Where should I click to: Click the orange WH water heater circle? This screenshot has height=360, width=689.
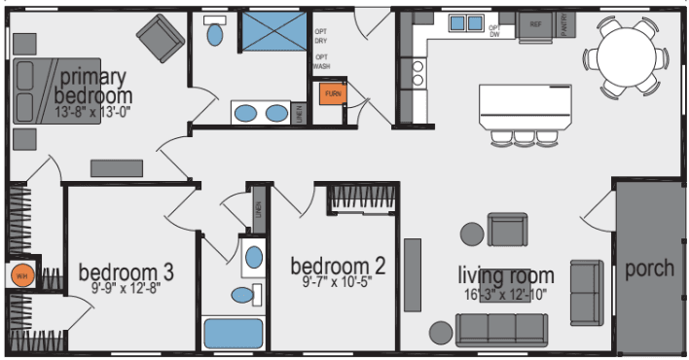pyautogui.click(x=20, y=274)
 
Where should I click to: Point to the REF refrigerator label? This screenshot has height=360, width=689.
pyautogui.click(x=535, y=22)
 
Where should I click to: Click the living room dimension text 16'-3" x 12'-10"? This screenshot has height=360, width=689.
pyautogui.click(x=507, y=294)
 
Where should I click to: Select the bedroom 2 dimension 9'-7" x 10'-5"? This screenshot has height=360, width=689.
pyautogui.click(x=331, y=283)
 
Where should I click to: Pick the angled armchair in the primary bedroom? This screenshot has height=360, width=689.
pyautogui.click(x=160, y=39)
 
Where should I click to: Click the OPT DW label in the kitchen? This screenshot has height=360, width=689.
pyautogui.click(x=494, y=30)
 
